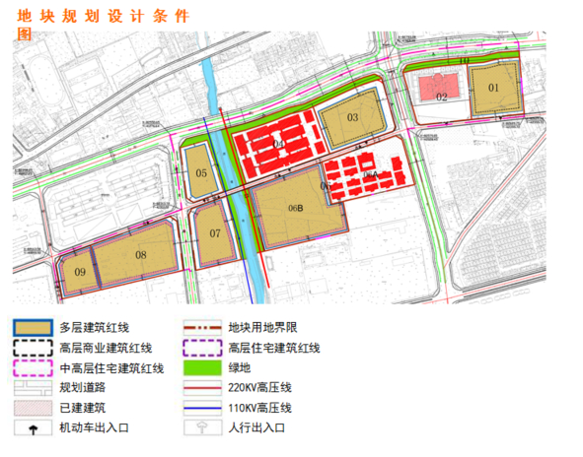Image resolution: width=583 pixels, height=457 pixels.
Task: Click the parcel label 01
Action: pyautogui.click(x=493, y=88)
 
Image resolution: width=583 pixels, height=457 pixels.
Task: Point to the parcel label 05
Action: pyautogui.click(x=201, y=173)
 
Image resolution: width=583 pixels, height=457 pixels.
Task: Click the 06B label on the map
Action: pyautogui.click(x=294, y=208)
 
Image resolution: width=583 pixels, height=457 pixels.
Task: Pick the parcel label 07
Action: pyautogui.click(x=215, y=233)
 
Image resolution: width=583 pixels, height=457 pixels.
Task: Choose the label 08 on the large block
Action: pyautogui.click(x=141, y=256)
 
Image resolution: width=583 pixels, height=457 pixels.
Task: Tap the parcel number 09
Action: pyautogui.click(x=79, y=272)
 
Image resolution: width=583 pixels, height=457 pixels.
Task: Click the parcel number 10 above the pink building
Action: pyautogui.click(x=464, y=61)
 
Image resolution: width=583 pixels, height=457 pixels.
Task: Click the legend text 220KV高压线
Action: pyautogui.click(x=259, y=388)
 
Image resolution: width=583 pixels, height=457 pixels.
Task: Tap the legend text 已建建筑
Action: pyautogui.click(x=82, y=408)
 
